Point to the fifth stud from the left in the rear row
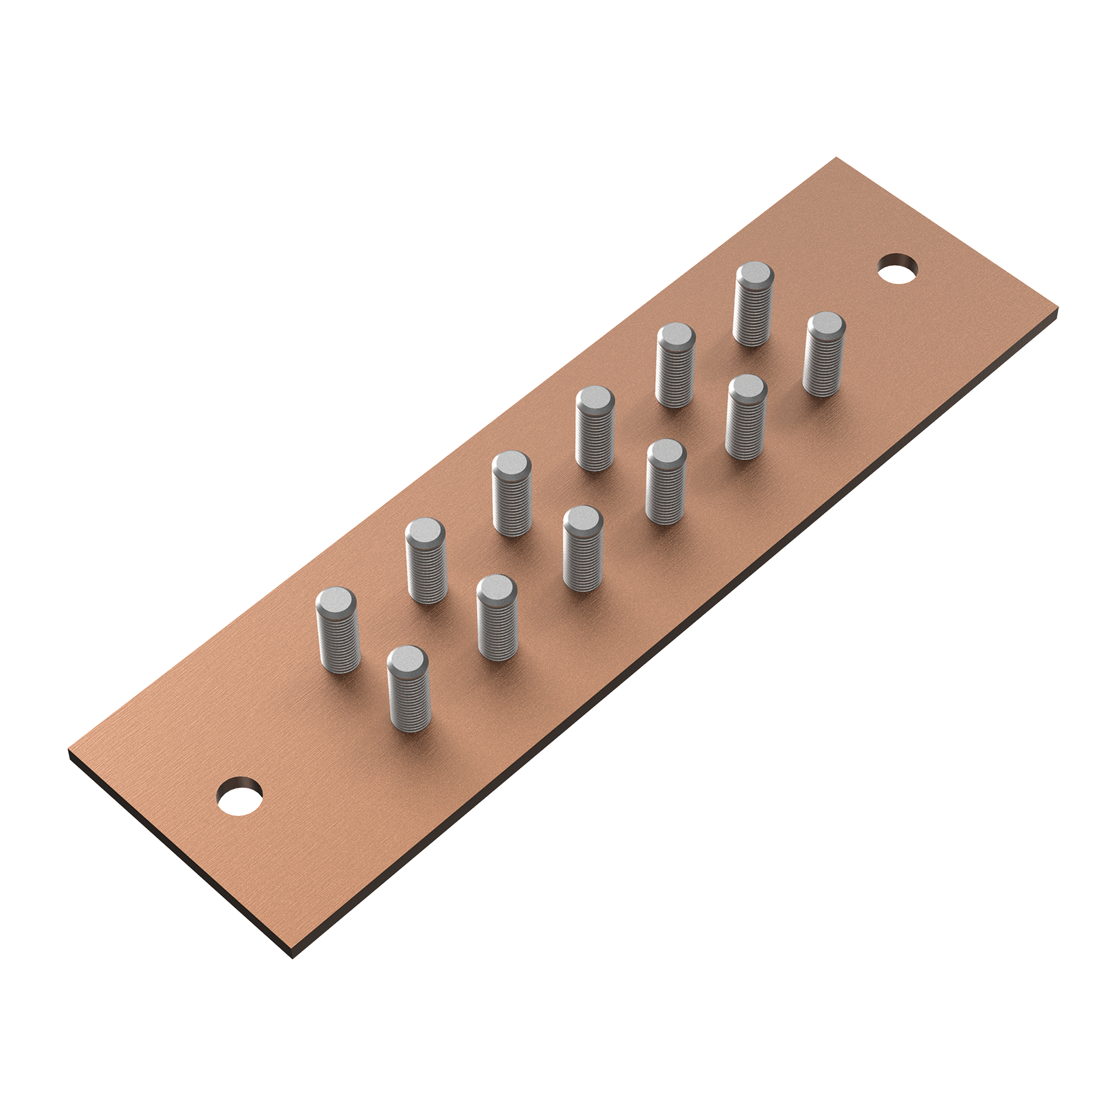click(675, 366)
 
